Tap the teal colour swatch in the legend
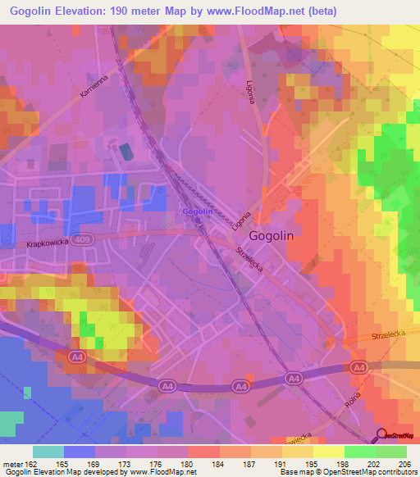click(48, 452)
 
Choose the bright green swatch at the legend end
click(391, 452)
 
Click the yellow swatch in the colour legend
click(329, 452)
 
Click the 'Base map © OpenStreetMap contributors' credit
click(347, 472)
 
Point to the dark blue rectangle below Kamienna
click(125, 152)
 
